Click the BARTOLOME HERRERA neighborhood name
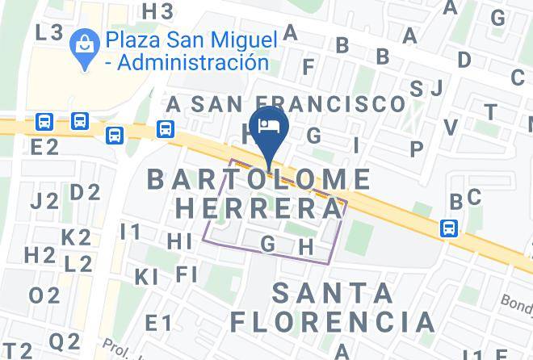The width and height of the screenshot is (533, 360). click(259, 194)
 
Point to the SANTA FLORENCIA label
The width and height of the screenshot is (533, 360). click(333, 308)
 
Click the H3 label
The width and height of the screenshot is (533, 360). click(157, 11)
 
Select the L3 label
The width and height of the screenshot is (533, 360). click(50, 32)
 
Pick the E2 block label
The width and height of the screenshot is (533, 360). click(44, 147)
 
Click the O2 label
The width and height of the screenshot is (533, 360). click(44, 295)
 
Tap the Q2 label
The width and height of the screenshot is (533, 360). click(64, 341)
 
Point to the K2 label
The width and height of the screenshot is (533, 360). click(76, 237)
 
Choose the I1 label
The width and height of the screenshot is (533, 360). click(130, 232)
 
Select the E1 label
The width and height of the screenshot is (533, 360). click(158, 324)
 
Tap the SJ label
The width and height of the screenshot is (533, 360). click(426, 88)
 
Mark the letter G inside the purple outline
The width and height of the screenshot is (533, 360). click(269, 242)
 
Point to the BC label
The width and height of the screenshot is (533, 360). click(465, 198)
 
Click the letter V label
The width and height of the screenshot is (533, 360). click(451, 127)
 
